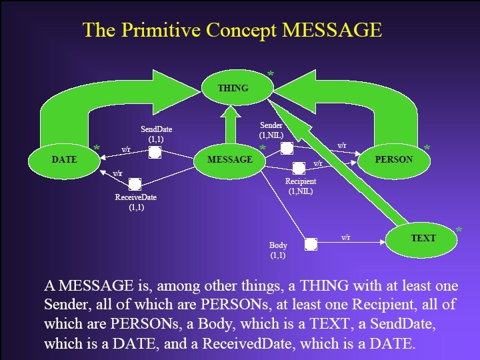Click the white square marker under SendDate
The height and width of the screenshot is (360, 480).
coord(155,153)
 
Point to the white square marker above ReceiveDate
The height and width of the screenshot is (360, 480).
coord(134,184)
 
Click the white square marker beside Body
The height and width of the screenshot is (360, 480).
coord(310,244)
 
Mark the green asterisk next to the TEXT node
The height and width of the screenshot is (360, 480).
coord(459,231)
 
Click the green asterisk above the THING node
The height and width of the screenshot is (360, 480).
coord(270,74)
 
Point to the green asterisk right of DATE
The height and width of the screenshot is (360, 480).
coord(97,149)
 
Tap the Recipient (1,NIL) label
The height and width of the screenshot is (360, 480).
coord(301,186)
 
